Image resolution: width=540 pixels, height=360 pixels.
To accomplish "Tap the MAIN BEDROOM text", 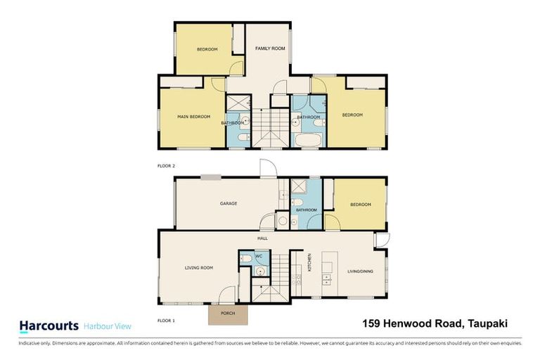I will [x=193, y=117].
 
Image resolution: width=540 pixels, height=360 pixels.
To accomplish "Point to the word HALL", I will [x=262, y=238].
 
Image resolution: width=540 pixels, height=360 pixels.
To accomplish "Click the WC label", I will [x=258, y=256].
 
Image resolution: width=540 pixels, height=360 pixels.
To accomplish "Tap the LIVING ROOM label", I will [x=198, y=268].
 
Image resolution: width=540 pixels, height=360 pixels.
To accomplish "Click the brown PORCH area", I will [x=228, y=314].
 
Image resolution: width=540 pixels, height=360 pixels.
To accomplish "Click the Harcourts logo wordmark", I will [x=48, y=326].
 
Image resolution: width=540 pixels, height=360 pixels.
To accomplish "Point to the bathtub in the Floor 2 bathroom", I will [x=307, y=140].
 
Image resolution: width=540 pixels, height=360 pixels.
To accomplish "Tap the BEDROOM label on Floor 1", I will [x=361, y=205].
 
